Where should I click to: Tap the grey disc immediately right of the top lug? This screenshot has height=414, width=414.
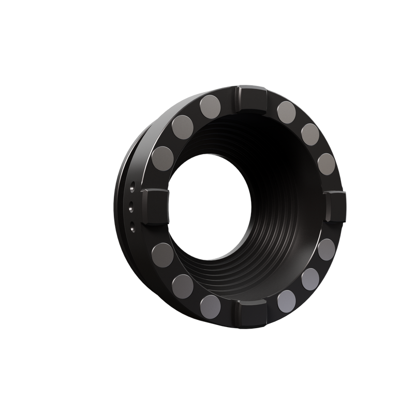(x=286, y=109)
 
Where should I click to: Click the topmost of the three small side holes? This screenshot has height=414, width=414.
(x=133, y=184)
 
